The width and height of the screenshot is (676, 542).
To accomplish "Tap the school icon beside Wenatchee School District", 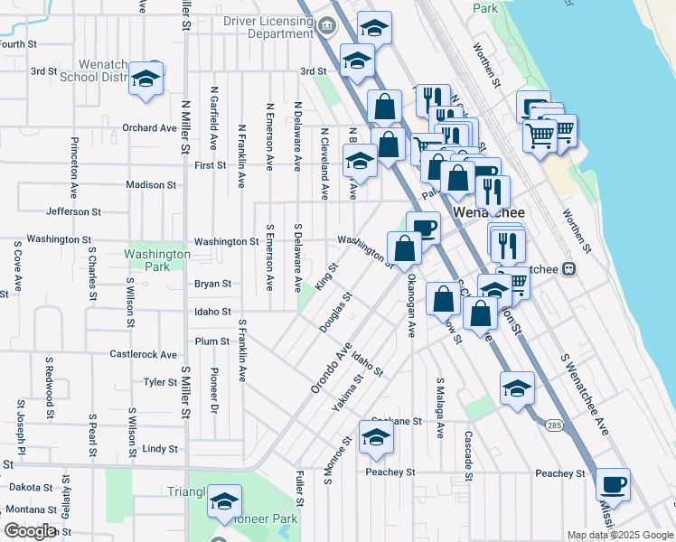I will point(145,79).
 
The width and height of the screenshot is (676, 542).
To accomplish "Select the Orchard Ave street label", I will point(149,128).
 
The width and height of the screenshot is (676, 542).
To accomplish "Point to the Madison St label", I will point(151,185).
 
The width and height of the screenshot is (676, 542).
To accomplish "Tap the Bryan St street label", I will point(212,284).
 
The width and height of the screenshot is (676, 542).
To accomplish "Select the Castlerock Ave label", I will point(144,355).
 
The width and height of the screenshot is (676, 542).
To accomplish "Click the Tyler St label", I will point(160,382).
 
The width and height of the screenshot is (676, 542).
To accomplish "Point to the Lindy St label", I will point(160,448).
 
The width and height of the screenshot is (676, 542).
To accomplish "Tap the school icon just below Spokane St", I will point(376,438).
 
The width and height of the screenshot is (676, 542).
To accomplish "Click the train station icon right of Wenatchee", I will point(569,269).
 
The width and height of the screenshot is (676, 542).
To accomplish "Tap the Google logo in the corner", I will point(29,531).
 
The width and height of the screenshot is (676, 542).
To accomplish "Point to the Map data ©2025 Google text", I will point(619,535).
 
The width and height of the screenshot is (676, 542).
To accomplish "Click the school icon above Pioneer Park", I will point(224,502).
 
